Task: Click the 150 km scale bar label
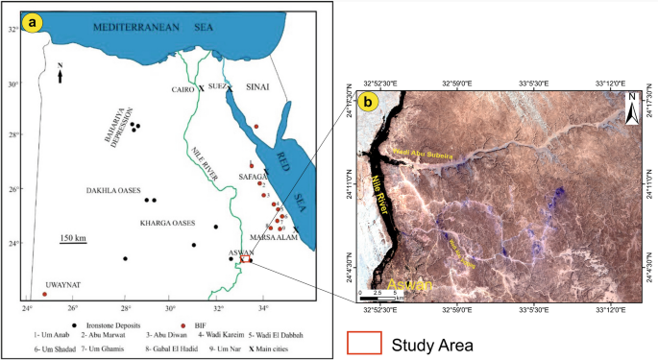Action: point(73,237)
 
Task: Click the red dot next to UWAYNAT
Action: point(45,294)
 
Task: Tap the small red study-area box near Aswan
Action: point(246,258)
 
